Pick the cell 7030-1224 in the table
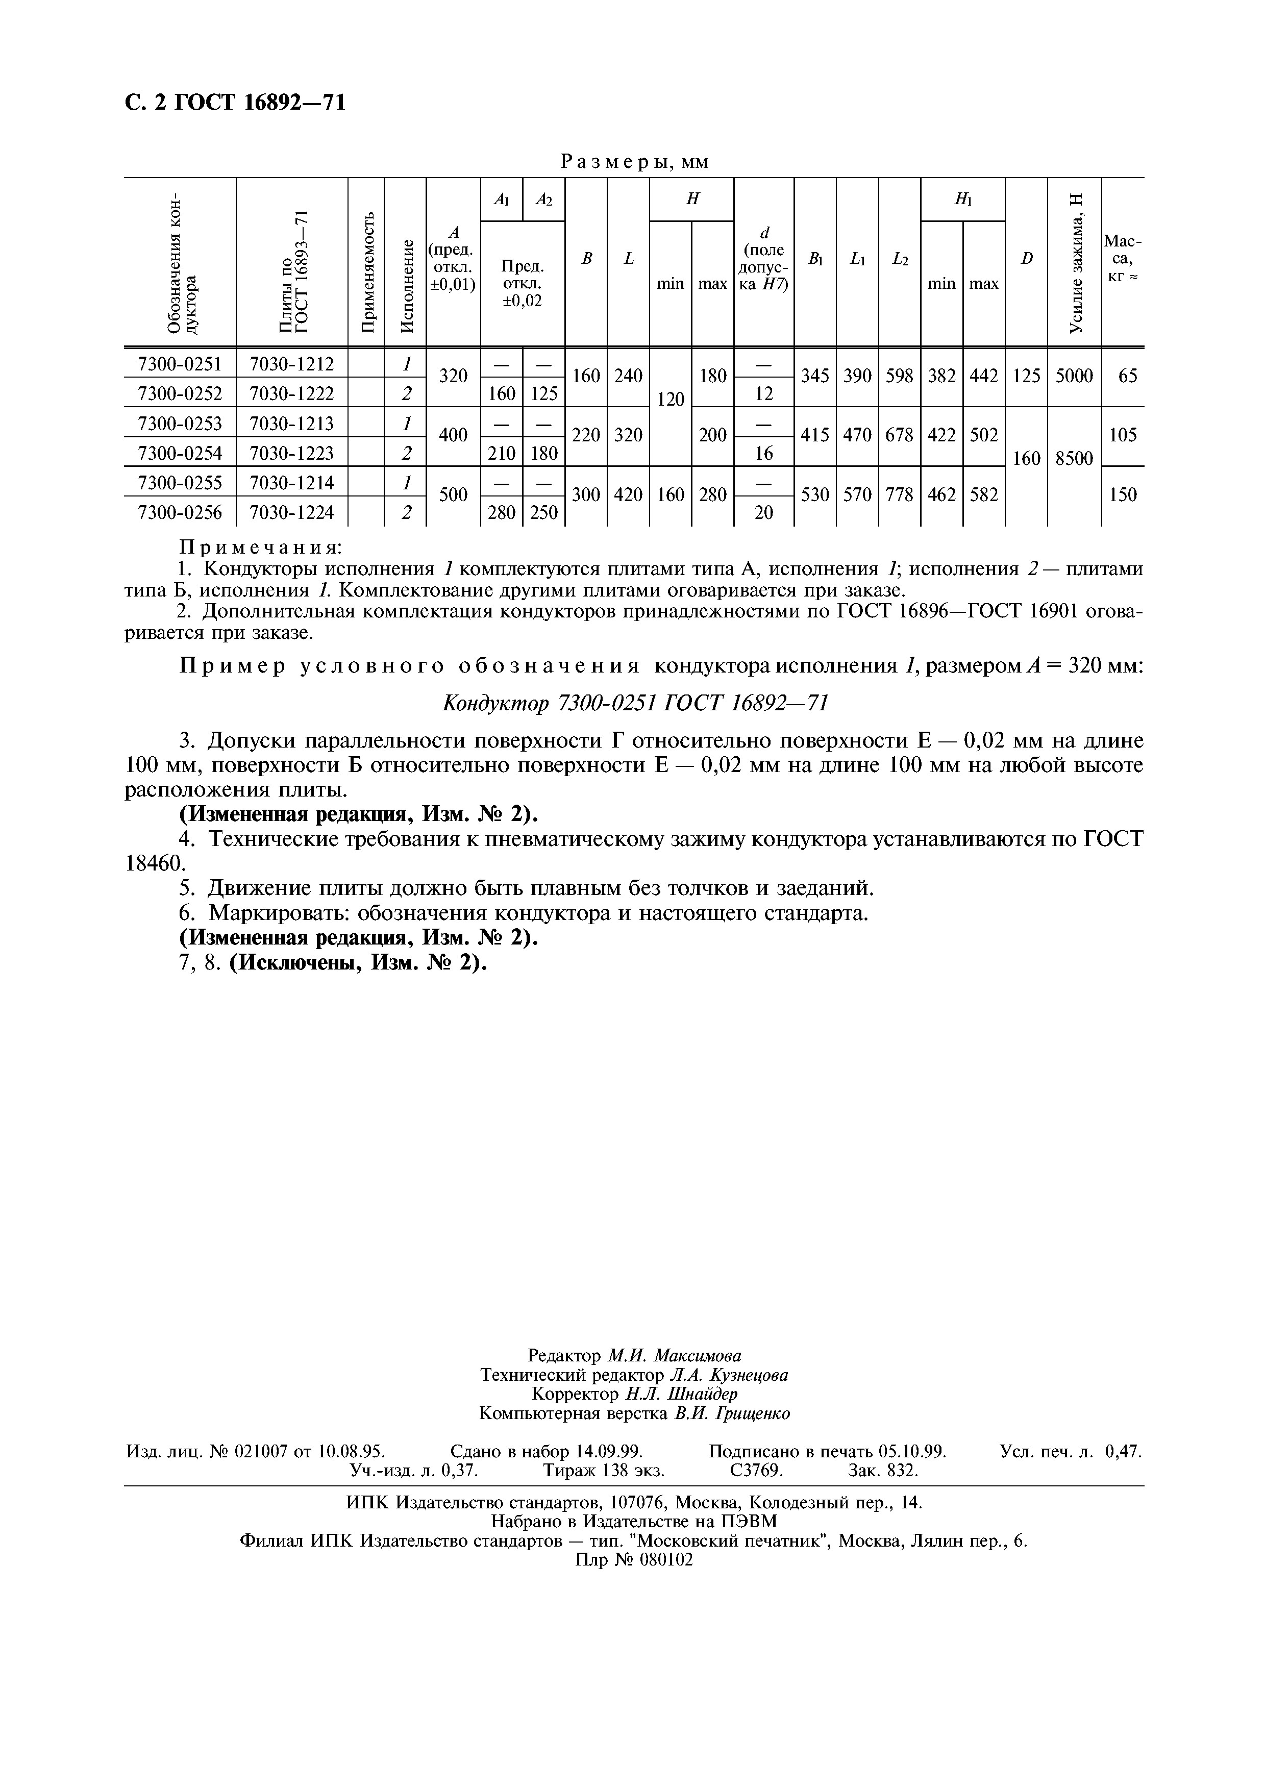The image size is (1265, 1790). click(291, 512)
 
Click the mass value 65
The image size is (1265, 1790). click(1127, 376)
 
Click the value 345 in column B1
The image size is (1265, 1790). click(814, 376)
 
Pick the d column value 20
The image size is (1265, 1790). click(764, 512)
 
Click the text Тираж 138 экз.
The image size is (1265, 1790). click(604, 1471)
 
